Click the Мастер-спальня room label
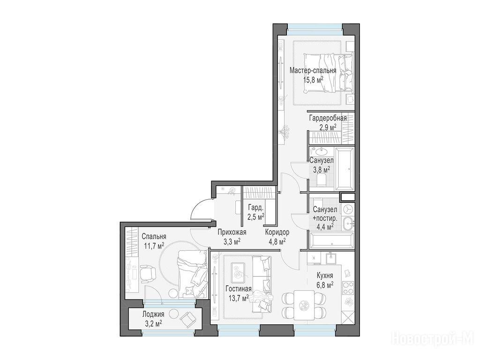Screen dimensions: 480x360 [313, 70]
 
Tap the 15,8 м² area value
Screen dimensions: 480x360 [313, 80]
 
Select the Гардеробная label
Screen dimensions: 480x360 [328, 118]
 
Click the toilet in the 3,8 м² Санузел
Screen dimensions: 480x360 [321, 180]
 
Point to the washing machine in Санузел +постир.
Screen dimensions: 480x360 [348, 210]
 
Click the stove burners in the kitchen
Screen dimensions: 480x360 [348, 288]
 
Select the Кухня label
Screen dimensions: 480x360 [325, 276]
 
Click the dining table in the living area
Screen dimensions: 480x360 [304, 305]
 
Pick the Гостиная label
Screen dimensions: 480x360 [239, 289]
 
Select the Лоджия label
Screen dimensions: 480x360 [153, 314]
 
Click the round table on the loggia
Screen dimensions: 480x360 [174, 314]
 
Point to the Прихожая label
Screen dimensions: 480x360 [232, 232]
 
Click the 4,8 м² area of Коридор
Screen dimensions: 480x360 [276, 241]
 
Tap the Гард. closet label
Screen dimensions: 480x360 [255, 208]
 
